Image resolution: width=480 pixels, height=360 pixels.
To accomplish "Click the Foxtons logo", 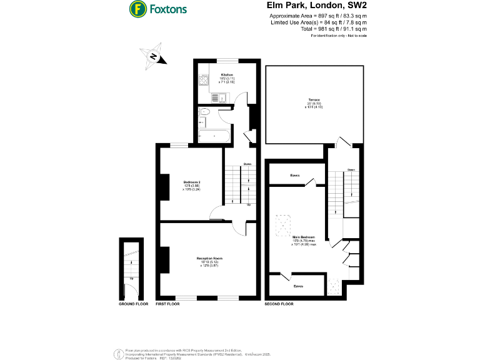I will pos(157,9).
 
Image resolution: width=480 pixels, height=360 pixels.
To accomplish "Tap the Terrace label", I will pos(313,100).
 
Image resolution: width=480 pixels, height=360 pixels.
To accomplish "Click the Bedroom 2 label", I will pos(191,182).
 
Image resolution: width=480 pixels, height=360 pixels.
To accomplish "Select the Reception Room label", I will pos(209,258).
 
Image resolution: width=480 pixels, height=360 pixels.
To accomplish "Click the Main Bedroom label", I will pos(304,237).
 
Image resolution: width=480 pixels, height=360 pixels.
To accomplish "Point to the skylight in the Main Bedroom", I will pos(285,222).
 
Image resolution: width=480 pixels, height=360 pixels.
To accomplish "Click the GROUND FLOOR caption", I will pos(132,304).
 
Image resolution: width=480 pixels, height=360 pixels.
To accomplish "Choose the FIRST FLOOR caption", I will pos(167,304).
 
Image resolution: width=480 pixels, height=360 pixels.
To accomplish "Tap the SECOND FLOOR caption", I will pos(279,304).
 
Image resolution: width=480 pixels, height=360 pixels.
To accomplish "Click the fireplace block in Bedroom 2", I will pos(164,187).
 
